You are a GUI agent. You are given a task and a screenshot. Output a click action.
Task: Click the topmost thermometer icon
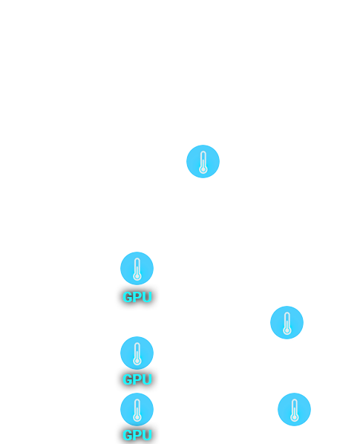(x=203, y=161)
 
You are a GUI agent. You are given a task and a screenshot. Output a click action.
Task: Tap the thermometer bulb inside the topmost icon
(x=203, y=169)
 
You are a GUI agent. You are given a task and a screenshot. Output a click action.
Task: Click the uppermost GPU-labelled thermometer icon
(x=137, y=268)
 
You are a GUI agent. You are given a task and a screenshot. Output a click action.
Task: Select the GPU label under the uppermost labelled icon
(x=137, y=297)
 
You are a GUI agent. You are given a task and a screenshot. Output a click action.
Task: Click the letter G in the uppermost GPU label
(x=128, y=297)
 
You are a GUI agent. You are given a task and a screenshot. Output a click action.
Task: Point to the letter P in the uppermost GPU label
(x=137, y=297)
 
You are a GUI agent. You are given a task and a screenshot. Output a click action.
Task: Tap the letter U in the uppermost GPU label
(x=147, y=297)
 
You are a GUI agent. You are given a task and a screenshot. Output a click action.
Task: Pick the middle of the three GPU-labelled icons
(x=137, y=353)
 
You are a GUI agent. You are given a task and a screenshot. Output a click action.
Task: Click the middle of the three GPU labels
(x=137, y=379)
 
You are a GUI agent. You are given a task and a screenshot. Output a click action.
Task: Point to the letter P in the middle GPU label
(x=137, y=379)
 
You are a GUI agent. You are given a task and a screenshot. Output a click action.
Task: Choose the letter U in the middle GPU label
(x=147, y=379)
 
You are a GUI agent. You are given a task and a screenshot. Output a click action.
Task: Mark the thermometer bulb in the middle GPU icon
(x=137, y=361)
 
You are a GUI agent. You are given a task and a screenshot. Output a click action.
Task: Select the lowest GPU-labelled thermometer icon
(x=137, y=409)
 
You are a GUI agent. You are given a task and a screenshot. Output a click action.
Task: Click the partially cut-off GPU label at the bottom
(x=137, y=435)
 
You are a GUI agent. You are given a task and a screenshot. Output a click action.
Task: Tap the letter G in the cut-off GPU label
(x=128, y=435)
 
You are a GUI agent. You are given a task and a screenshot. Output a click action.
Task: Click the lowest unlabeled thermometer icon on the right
(x=295, y=409)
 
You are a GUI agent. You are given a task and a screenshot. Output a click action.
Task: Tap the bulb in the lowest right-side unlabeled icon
(x=295, y=417)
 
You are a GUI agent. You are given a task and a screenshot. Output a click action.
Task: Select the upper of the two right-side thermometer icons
(x=287, y=322)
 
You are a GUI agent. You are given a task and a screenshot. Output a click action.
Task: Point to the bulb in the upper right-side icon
(x=287, y=330)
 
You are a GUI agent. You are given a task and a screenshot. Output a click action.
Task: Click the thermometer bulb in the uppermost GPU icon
(x=137, y=276)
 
